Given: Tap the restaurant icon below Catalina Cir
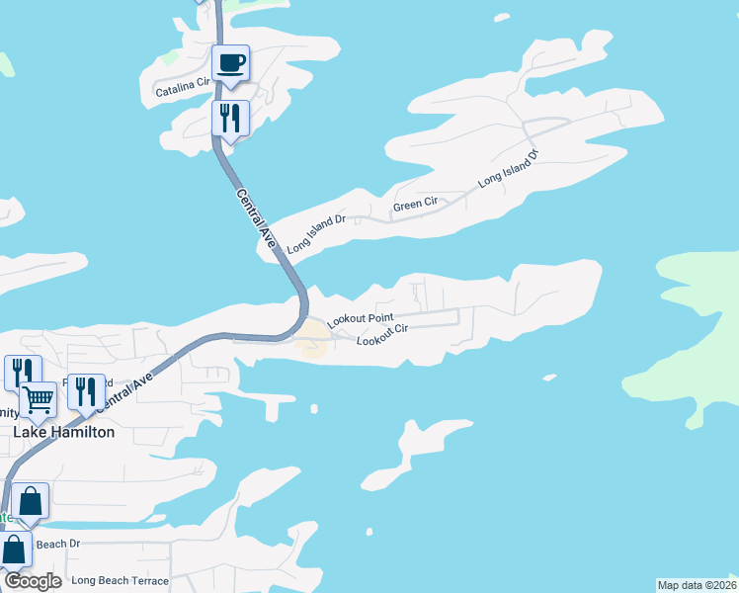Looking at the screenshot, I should [x=229, y=120].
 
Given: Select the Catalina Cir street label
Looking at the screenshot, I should [x=183, y=90].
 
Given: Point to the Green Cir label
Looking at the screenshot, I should [x=415, y=205].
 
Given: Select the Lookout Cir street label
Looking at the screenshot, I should [x=382, y=336].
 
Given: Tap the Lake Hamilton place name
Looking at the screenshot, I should [x=63, y=432].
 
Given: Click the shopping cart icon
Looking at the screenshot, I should [x=38, y=400].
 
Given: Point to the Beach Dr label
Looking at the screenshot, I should [x=57, y=544].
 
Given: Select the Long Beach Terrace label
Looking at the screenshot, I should [x=120, y=580].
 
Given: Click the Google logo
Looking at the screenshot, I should [x=33, y=581].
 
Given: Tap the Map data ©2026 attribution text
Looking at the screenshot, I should [x=697, y=585].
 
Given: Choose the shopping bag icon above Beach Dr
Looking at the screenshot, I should [x=31, y=502].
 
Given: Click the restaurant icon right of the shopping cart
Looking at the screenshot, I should [x=86, y=392].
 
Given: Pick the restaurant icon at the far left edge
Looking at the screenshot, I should [x=18, y=373].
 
